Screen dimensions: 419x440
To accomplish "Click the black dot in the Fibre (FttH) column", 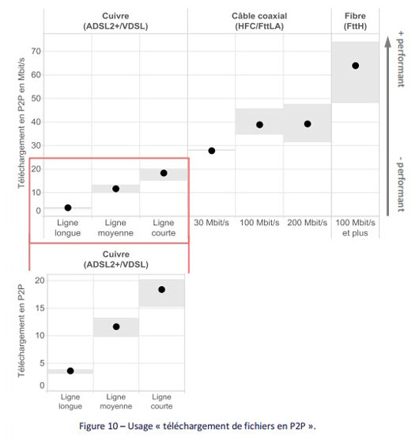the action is (x=355, y=66).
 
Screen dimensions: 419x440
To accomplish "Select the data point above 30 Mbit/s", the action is (x=212, y=151).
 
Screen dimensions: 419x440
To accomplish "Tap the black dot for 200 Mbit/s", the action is (x=308, y=124).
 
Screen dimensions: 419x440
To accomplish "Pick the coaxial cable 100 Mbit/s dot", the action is (x=259, y=125).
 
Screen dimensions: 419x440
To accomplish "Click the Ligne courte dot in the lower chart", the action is (x=161, y=289).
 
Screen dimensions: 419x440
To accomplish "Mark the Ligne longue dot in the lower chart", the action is (x=70, y=370).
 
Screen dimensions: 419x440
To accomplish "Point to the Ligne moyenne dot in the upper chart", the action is (x=115, y=189).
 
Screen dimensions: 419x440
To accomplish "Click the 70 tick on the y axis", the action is (x=36, y=51).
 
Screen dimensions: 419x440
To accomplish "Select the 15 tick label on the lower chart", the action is (x=40, y=308).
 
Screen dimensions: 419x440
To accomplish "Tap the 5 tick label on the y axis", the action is (x=42, y=363).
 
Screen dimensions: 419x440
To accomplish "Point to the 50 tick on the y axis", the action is (x=36, y=98).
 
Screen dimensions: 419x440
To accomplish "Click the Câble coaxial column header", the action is (x=259, y=21).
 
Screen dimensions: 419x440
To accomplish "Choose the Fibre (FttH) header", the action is (x=355, y=21).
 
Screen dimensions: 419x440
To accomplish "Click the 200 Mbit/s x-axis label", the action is (x=308, y=223).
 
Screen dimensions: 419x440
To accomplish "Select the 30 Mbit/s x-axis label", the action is (x=211, y=223).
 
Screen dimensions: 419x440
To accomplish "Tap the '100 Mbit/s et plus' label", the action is (x=355, y=228).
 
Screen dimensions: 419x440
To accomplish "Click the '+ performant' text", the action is (x=401, y=59).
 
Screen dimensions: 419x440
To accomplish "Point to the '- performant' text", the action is (x=401, y=184).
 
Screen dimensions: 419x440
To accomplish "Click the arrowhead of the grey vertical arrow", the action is (x=388, y=42).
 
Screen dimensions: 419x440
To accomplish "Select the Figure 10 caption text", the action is (x=198, y=426).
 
